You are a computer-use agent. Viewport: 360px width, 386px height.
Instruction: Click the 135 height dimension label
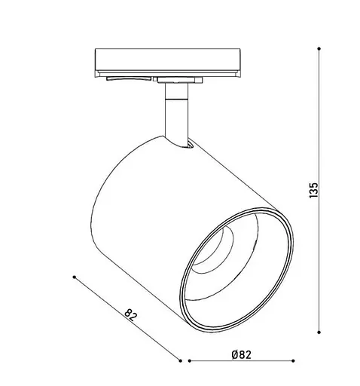(313, 190)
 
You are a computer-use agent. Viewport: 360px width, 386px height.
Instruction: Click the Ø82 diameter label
(242, 354)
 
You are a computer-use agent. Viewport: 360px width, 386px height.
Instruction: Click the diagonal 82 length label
(131, 314)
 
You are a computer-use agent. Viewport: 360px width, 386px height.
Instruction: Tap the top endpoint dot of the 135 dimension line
(319, 48)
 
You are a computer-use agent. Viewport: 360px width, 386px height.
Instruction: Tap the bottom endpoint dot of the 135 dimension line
(319, 332)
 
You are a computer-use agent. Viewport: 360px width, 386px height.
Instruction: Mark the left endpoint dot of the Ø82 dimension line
(190, 361)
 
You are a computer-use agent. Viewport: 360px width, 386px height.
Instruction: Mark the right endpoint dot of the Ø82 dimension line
(293, 361)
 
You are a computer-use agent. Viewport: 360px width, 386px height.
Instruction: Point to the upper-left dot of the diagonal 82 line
(74, 277)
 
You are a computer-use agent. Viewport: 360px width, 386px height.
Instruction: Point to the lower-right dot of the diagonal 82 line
(180, 361)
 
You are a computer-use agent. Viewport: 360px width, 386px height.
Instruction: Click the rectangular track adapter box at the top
(168, 62)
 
